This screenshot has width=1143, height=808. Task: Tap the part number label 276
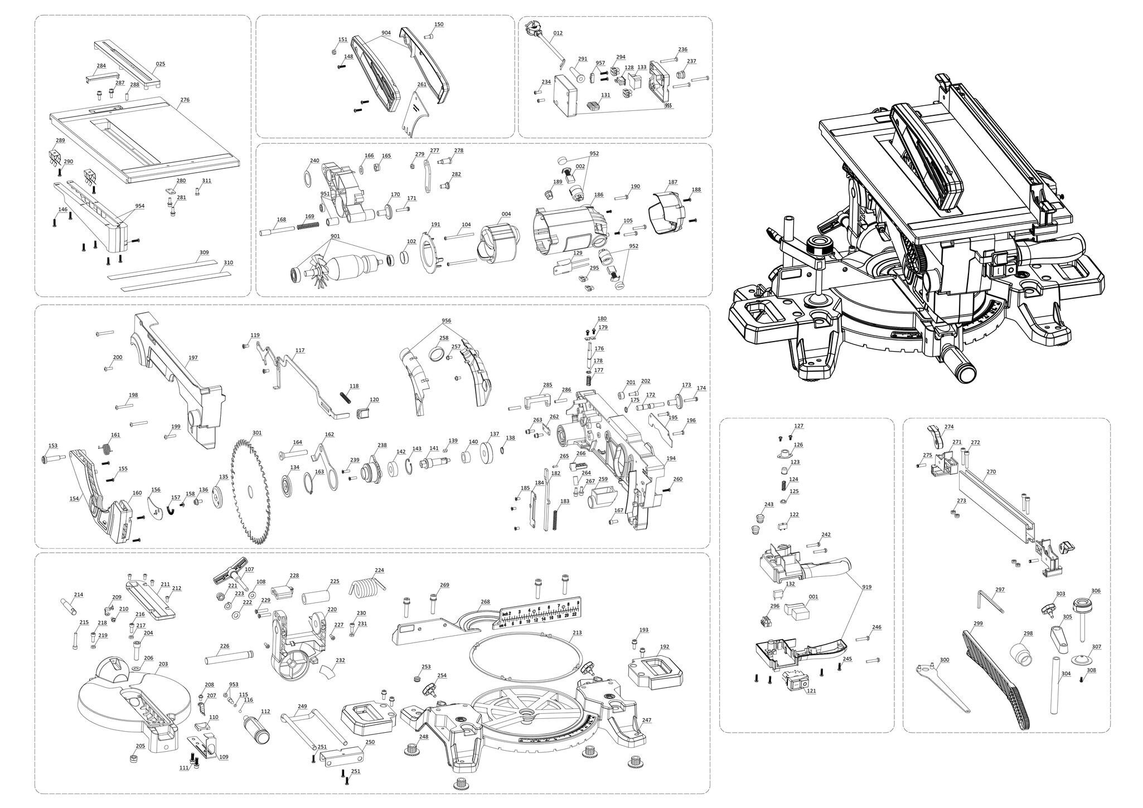[185, 100]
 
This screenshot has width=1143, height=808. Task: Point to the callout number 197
[193, 357]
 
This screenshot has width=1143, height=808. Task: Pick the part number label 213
[577, 633]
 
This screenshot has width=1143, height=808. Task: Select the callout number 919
[867, 587]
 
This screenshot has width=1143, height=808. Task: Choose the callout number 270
[990, 471]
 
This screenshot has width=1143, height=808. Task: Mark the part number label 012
[558, 33]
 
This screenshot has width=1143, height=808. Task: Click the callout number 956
[446, 321]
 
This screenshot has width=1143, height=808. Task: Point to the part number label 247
[646, 720]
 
